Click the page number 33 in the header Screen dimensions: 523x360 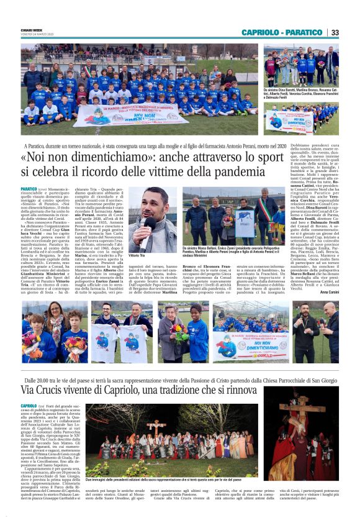[335, 32]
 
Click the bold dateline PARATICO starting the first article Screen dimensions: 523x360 [29, 189]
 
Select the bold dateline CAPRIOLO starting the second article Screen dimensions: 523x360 [29, 406]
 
